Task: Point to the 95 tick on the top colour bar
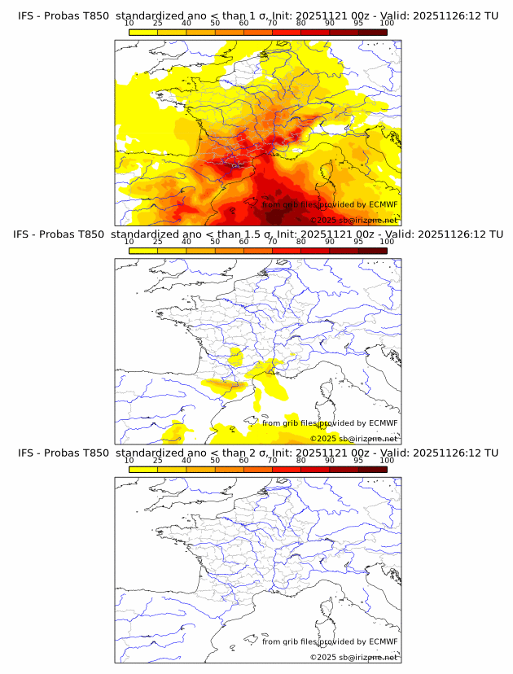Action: (x=358, y=23)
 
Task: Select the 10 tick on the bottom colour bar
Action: (x=129, y=460)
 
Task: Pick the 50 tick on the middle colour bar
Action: (x=215, y=242)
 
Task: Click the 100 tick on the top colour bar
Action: (x=387, y=23)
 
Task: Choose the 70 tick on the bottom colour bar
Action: (x=272, y=460)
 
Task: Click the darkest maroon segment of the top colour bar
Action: (x=372, y=32)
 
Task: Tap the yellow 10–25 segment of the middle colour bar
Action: (x=143, y=251)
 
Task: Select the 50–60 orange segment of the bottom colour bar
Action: (x=229, y=469)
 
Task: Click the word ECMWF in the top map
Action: (x=384, y=204)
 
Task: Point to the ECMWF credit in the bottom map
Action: (x=384, y=641)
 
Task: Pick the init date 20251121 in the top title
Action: (x=324, y=16)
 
